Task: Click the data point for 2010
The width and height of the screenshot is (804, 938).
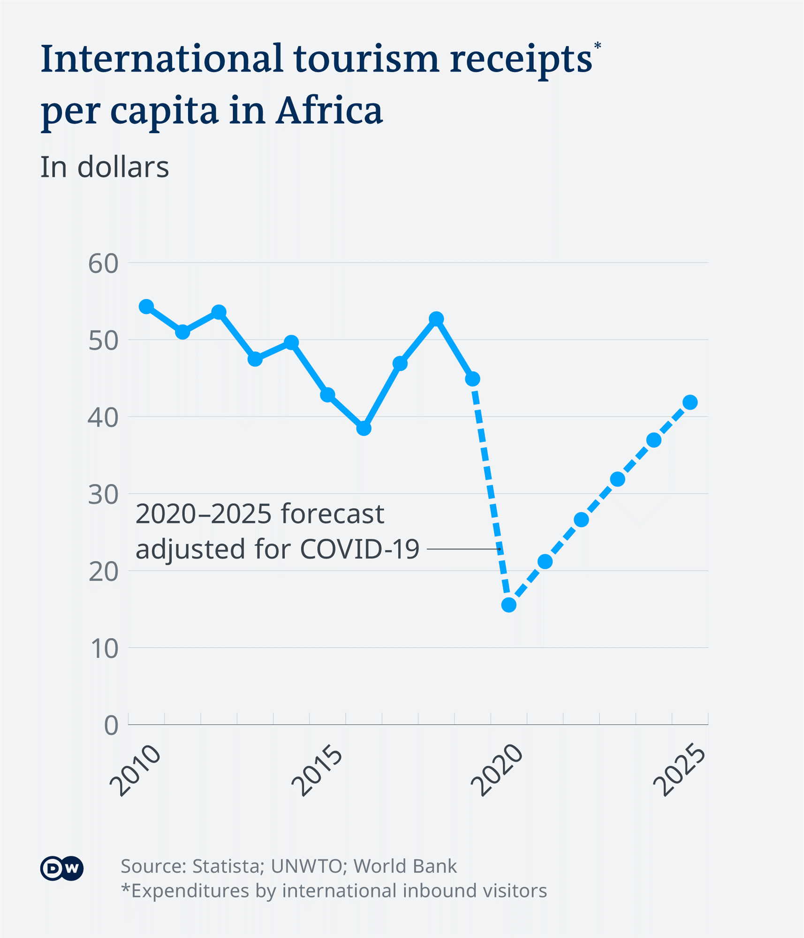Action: point(146,306)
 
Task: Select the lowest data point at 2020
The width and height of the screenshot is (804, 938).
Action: point(509,605)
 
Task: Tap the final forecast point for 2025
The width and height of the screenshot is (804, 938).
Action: point(690,402)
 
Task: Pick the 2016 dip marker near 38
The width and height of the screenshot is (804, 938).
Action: point(364,428)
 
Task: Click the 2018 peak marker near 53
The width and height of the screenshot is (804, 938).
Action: point(436,319)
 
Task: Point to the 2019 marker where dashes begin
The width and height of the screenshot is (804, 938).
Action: point(473,378)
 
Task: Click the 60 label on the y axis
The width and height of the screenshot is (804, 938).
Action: point(103,264)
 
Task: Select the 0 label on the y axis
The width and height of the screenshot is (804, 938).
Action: point(111,726)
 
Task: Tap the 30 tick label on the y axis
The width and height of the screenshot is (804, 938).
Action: point(103,495)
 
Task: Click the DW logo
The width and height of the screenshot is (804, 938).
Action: point(62,869)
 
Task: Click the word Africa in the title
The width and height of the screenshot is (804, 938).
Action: point(329,111)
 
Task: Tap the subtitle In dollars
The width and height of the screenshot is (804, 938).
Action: point(104,167)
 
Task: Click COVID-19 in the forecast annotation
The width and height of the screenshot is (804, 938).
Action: point(359,549)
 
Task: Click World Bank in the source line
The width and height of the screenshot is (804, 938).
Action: point(405,866)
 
